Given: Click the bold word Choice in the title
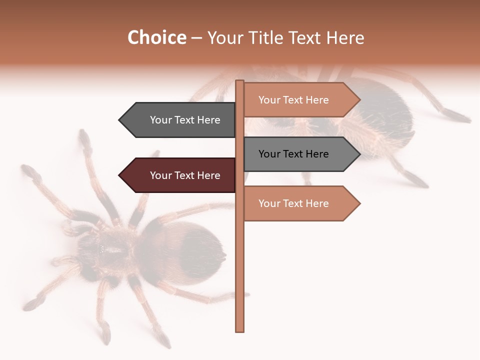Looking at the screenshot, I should [156, 38].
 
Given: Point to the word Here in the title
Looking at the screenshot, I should [345, 38].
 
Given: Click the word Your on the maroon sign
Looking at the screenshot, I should [160, 175].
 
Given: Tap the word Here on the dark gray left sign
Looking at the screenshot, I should [208, 120].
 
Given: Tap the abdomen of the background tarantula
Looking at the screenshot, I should [385, 115].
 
